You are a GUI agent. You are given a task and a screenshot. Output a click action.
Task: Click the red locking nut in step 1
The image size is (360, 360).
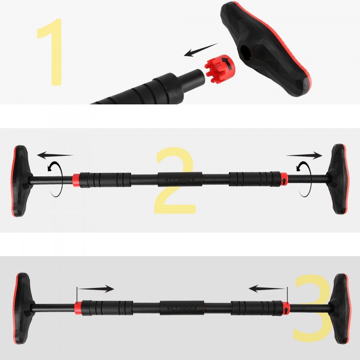click(x=219, y=67)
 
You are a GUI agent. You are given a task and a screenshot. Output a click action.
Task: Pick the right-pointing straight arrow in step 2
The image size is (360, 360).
click(x=304, y=154)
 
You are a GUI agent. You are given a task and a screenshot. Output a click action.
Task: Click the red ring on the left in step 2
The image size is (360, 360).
click(x=76, y=180)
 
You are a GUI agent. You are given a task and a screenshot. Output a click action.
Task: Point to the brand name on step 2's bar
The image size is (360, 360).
click(x=181, y=181)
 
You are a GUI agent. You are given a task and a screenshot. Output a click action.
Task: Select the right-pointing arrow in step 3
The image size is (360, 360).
click(x=96, y=289)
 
